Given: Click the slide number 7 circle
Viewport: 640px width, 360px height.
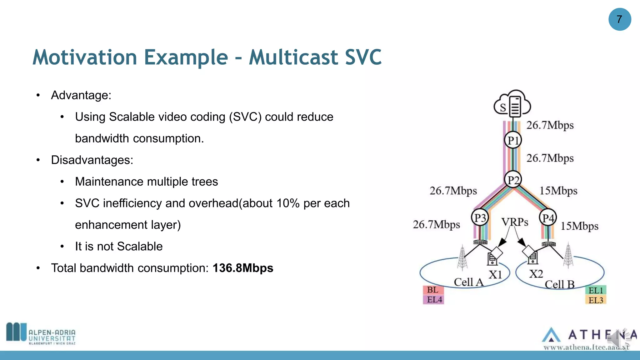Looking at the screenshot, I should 619,19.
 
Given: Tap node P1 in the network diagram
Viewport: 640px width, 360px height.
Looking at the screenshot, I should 513,140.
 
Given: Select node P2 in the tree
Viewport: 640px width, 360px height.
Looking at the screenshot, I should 513,180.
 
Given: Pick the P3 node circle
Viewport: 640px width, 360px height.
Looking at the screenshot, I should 480,218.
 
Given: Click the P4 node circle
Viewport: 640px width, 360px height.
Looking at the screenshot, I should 548,218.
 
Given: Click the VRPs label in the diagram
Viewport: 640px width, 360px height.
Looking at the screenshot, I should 515,222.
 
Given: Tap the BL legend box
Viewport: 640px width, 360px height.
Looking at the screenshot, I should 433,290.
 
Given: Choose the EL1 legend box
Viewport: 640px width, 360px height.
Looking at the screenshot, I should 595,290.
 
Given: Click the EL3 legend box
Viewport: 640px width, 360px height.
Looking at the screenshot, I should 595,300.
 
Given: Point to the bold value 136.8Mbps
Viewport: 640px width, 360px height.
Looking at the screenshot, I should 243,268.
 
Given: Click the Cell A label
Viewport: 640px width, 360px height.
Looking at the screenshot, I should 468,282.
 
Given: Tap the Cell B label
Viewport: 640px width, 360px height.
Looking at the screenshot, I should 559,284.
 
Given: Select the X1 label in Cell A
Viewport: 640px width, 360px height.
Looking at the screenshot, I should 495,275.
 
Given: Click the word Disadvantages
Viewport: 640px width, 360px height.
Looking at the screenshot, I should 92,160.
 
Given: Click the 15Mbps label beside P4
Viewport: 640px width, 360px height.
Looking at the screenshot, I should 579,226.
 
